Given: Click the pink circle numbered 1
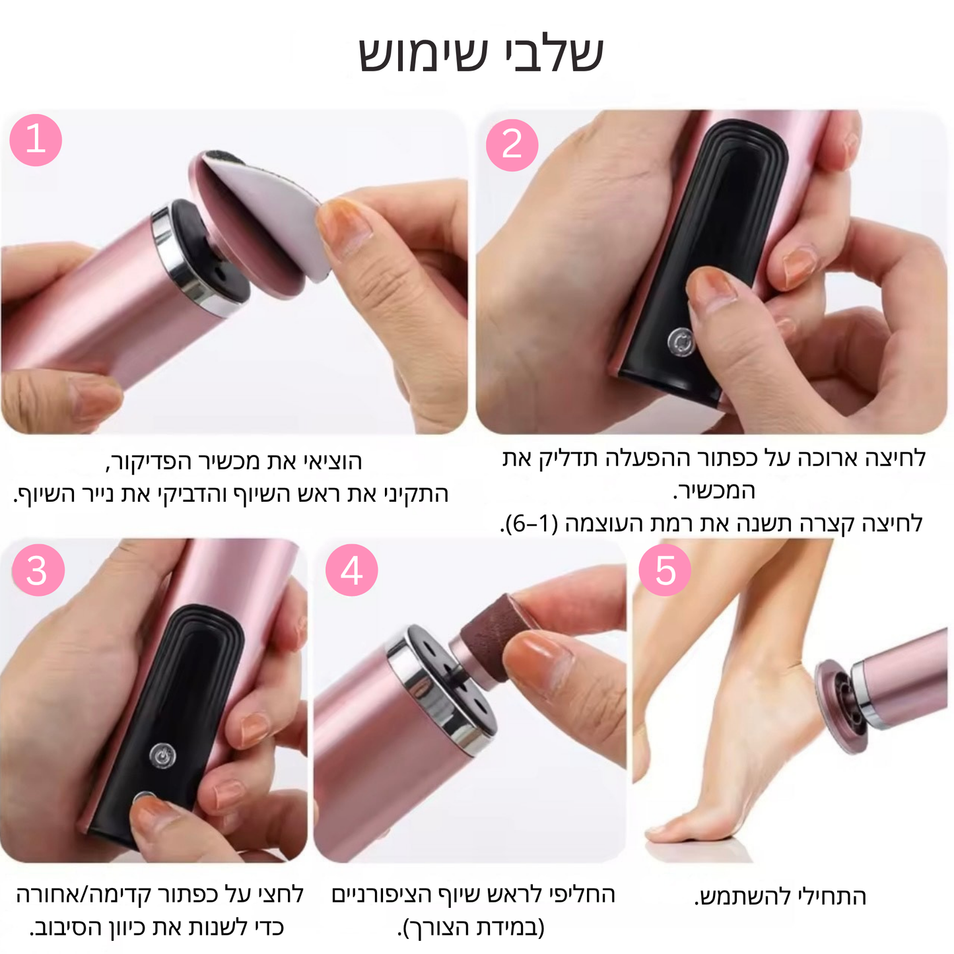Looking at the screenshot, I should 36,140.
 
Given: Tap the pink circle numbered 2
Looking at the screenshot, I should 512,145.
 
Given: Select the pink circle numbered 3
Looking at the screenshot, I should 38,570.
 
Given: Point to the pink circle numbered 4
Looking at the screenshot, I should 351,570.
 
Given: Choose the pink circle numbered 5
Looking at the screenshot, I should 665,570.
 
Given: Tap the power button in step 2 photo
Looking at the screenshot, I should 680,342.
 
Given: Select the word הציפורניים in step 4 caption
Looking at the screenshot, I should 380,895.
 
